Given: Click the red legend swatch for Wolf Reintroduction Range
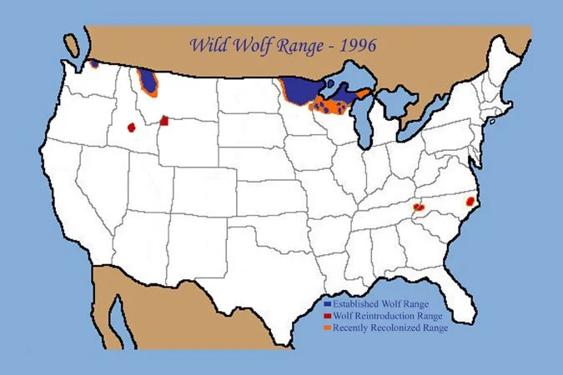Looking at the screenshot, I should coord(326,317).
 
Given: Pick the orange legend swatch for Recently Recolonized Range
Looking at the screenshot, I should coord(326,328).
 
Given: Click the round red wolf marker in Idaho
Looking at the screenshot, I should coord(131,127).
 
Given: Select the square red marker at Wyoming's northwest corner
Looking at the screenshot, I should coord(164,121).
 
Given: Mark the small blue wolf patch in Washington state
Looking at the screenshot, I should coord(95,62).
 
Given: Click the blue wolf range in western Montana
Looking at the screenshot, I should coord(149,81).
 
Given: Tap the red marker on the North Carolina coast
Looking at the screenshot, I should coord(469,201).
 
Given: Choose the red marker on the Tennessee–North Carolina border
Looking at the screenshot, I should coord(419,207).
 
